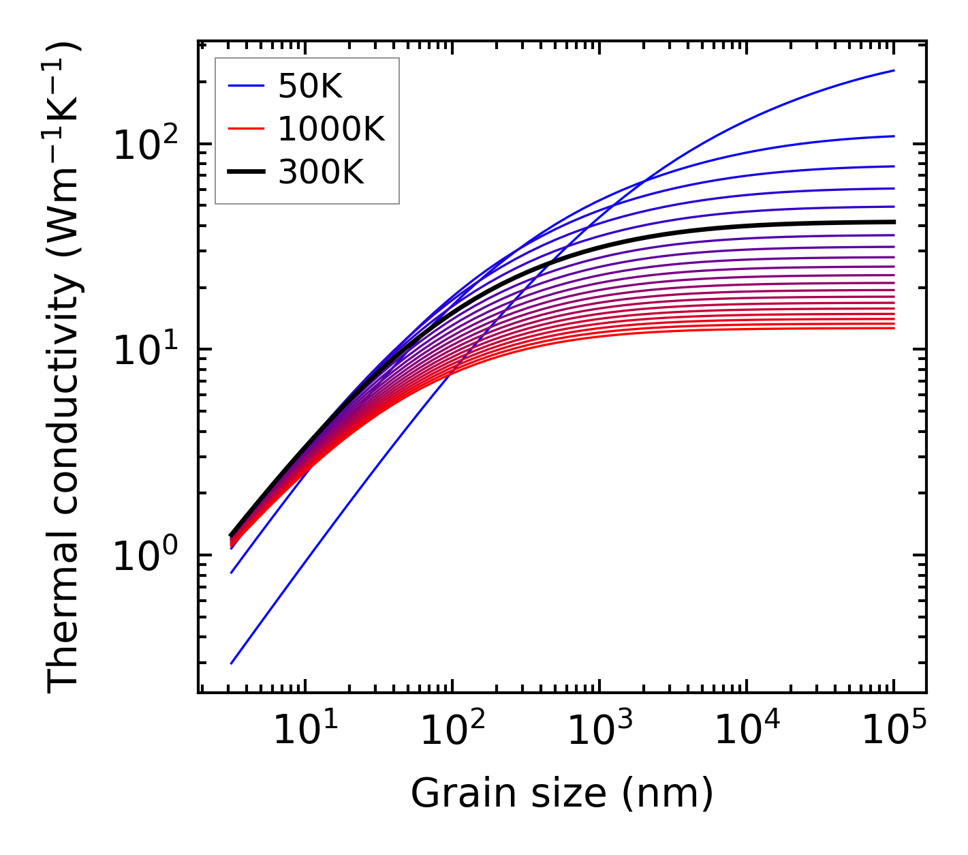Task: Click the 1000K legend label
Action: pos(332,129)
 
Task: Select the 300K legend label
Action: pos(321,172)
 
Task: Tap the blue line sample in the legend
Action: pos(246,86)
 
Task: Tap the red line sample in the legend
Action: pos(246,129)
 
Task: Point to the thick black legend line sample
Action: pos(246,172)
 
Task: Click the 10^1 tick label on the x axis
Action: pos(305,731)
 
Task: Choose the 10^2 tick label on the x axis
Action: pos(452,731)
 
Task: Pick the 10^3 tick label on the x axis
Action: pos(599,731)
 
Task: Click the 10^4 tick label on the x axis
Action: pos(747,731)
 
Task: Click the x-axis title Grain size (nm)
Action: pos(562,794)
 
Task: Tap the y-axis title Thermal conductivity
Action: pos(65,368)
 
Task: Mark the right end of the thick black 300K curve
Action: pos(894,222)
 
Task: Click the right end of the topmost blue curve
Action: pos(894,70)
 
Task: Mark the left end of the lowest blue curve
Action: pos(232,663)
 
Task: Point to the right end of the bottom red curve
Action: pos(894,329)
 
